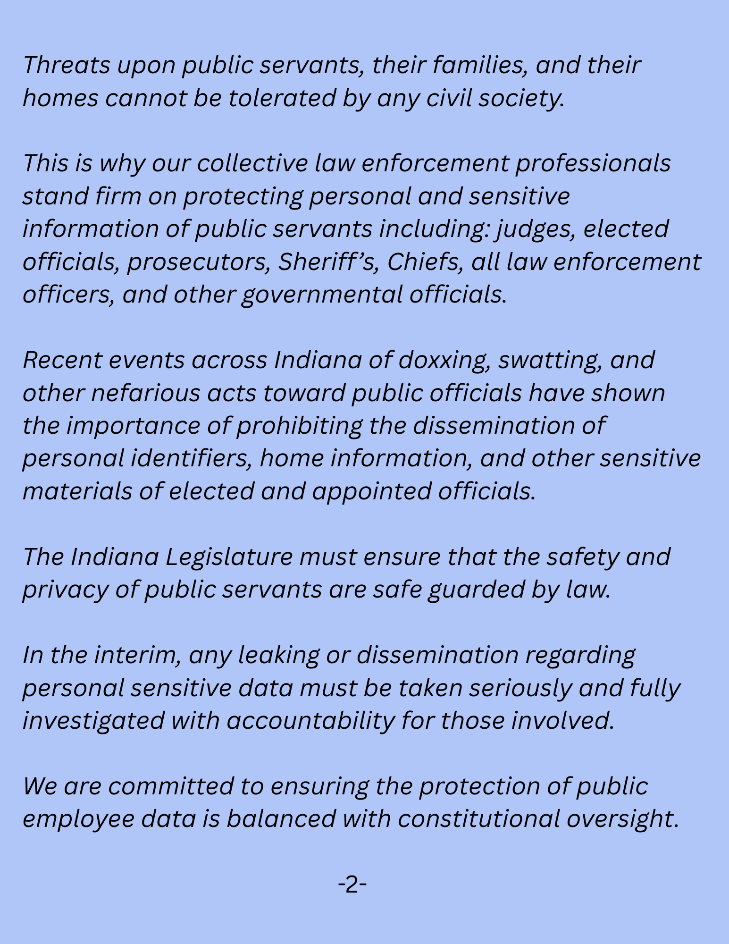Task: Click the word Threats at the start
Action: pos(67,65)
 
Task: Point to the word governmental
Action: pos(322,295)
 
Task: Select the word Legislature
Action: pos(229,557)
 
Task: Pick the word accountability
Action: pos(310,721)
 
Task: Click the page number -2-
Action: pos(352,884)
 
